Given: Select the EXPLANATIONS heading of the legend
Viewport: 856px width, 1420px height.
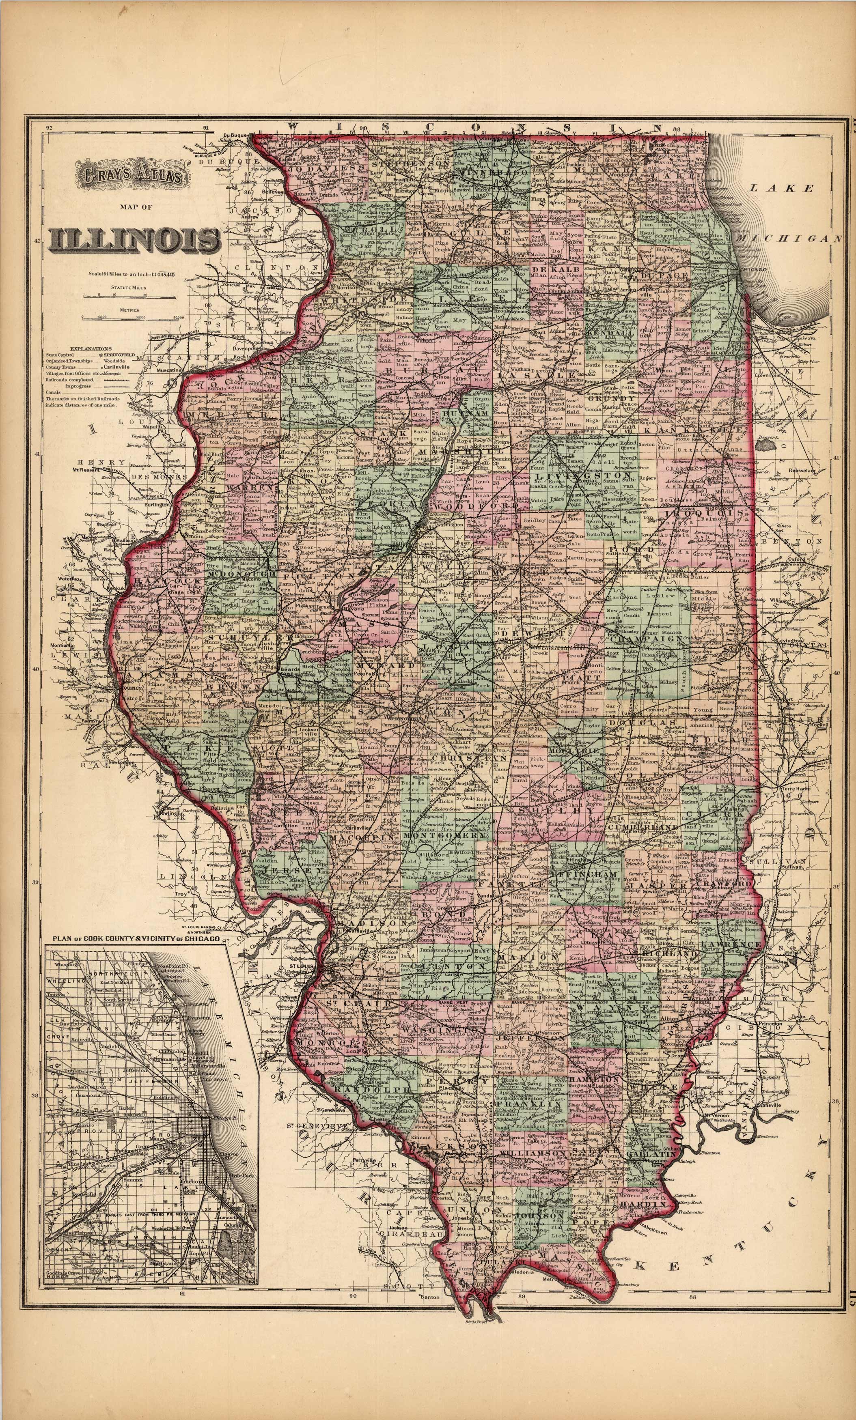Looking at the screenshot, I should click(91, 349).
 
